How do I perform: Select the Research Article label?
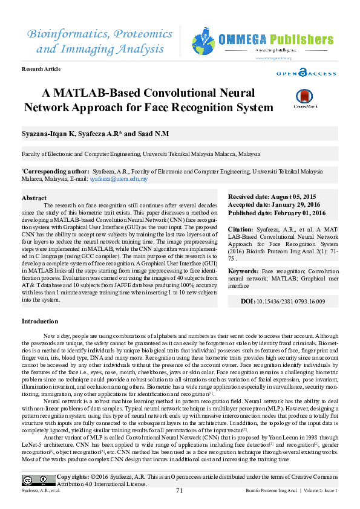coord(41,70)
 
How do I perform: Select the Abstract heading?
coord(34,198)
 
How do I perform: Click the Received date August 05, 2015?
coord(272,197)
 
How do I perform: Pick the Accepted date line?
coord(273,205)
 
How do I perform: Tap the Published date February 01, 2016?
coord(277,213)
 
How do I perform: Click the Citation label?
coord(240,230)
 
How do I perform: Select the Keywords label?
coord(243,271)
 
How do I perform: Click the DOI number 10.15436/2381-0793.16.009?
coord(292,301)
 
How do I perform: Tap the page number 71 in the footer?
coord(179,490)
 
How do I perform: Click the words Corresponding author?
coord(52,172)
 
